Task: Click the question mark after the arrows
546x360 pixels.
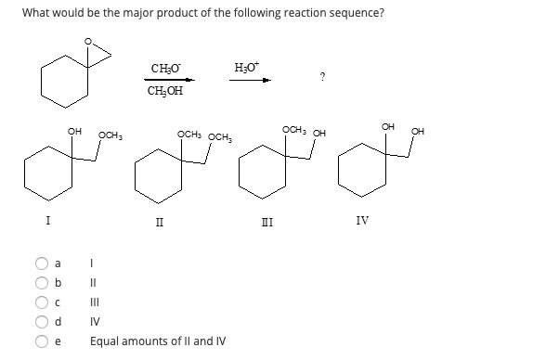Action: point(320,77)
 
